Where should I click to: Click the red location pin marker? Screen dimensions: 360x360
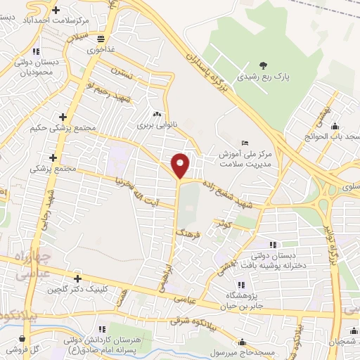181,165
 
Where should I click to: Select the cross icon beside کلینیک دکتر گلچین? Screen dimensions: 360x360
76,278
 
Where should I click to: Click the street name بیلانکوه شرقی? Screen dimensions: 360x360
198,324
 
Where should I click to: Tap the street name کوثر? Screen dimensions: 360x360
225,223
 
